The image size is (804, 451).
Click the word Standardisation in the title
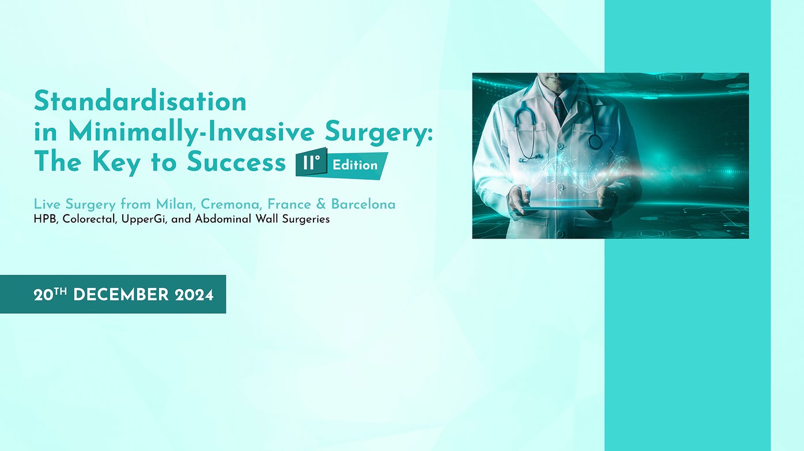coord(140,102)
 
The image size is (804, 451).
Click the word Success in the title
coord(236,163)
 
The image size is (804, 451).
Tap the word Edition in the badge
coord(355,165)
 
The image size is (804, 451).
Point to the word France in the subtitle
coord(288,204)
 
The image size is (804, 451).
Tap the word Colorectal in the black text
coord(89,219)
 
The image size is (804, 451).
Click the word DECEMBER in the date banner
coord(121,295)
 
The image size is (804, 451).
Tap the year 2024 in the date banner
coord(194,295)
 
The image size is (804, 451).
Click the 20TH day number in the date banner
coord(50,295)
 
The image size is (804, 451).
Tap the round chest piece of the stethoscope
coord(595,141)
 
